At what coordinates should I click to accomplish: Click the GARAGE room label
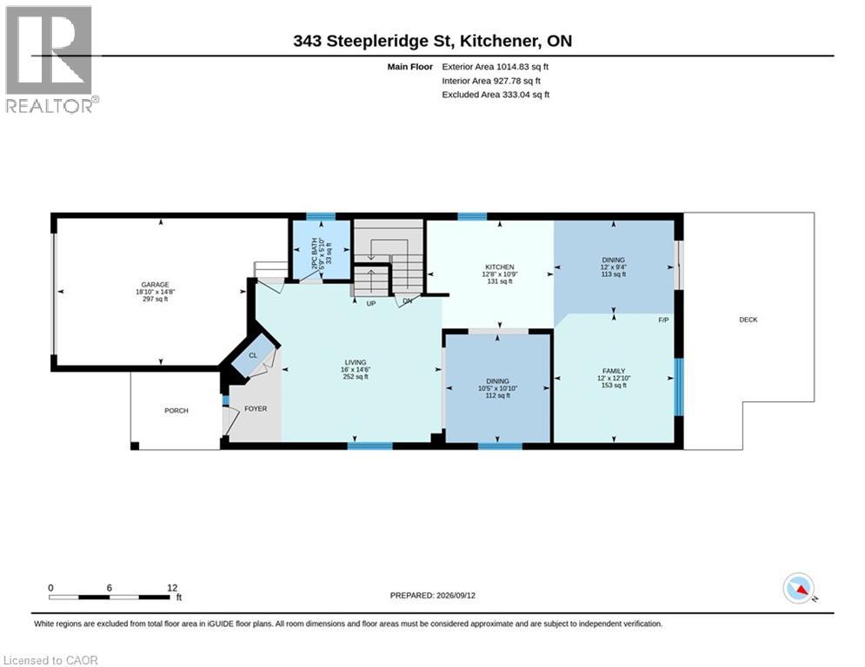click(x=155, y=285)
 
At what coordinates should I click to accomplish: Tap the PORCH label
click(x=176, y=411)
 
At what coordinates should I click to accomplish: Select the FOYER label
click(x=256, y=408)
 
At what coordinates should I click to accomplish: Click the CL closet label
click(x=253, y=355)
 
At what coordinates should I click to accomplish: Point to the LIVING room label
click(x=356, y=362)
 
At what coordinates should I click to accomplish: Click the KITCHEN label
click(x=500, y=267)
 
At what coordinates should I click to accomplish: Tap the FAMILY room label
click(x=614, y=371)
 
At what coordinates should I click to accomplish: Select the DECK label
click(x=748, y=320)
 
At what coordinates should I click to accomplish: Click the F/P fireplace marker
click(x=663, y=320)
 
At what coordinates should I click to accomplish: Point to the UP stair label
click(x=370, y=304)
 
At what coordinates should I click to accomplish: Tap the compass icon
click(x=799, y=588)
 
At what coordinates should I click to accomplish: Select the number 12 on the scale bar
click(x=172, y=588)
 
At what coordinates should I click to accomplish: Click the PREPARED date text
click(x=433, y=595)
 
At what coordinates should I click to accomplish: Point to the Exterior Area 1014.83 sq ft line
click(x=495, y=67)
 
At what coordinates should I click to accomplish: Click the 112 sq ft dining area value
click(x=497, y=395)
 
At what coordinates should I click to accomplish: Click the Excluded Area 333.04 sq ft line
click(x=496, y=95)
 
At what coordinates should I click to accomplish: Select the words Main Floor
click(x=409, y=67)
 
